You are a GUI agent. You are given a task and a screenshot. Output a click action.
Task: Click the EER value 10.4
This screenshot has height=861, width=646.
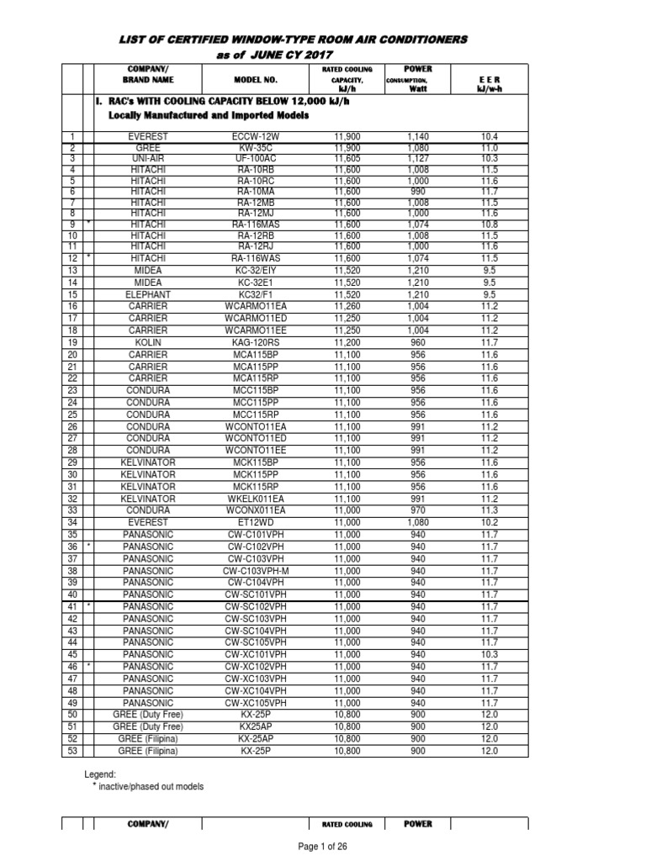pyautogui.click(x=490, y=135)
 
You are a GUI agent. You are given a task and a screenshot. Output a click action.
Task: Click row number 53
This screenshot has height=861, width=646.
pyautogui.click(x=72, y=750)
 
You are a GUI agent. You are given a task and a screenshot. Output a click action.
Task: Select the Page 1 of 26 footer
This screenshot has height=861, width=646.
pyautogui.click(x=323, y=847)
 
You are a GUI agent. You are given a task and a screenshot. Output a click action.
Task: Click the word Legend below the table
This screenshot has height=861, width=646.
pyautogui.click(x=100, y=774)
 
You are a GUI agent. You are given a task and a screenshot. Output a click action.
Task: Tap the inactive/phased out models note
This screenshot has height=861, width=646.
pyautogui.click(x=147, y=786)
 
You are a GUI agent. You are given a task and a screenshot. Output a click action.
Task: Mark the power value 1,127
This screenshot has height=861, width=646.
pyautogui.click(x=418, y=158)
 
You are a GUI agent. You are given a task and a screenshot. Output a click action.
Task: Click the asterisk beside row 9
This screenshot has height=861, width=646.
pyautogui.click(x=87, y=224)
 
